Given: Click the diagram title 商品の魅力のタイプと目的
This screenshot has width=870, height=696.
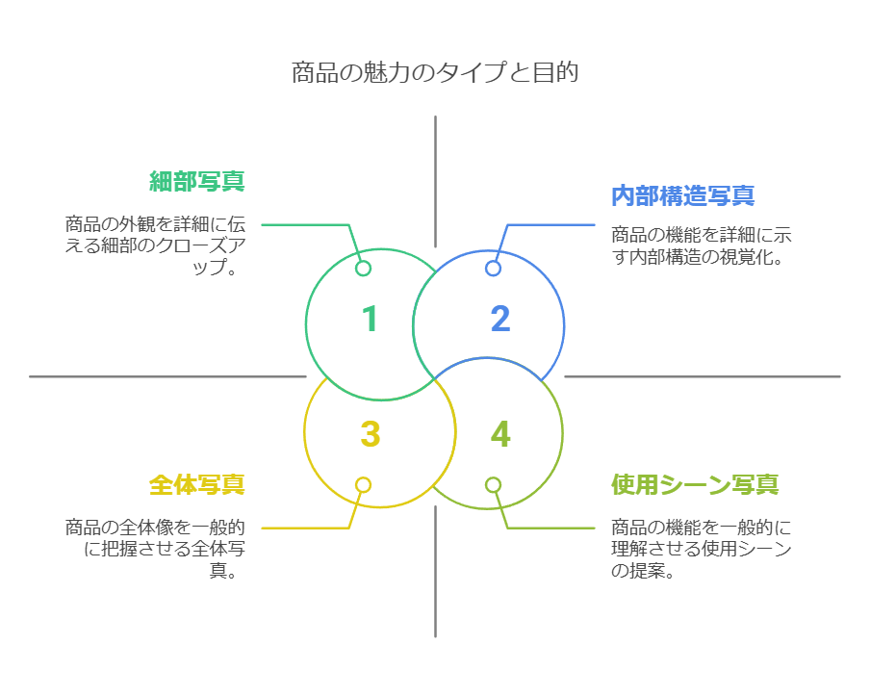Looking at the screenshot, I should [435, 73].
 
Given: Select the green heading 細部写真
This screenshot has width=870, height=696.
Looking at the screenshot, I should [196, 181].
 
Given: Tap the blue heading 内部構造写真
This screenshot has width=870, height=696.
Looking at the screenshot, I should [682, 195].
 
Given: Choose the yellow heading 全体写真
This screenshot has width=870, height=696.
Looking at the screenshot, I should [196, 484].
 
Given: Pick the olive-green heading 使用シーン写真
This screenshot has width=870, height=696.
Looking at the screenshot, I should [695, 484].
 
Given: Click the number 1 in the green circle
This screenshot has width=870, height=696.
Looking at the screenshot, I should [370, 320].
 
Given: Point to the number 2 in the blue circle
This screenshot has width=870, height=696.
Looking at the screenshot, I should [499, 320].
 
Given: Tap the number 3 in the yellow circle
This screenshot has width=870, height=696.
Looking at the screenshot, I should [370, 434].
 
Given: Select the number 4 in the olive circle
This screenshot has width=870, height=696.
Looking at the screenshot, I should [499, 434].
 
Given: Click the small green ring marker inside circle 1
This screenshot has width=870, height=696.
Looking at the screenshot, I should [363, 269].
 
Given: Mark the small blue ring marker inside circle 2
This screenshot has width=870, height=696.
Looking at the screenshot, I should [493, 269].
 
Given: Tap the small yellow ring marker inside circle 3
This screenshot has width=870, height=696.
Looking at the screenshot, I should [363, 485].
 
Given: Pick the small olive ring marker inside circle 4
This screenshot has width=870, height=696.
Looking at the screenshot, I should [493, 485].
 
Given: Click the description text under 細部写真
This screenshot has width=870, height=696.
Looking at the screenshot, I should [154, 245].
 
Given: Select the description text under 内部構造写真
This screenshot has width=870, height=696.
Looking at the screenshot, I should [701, 245].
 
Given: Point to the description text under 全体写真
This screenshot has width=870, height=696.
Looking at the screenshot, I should [154, 549].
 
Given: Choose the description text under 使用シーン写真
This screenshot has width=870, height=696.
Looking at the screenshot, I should [701, 549].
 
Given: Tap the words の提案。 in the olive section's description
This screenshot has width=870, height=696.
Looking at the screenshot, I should [641, 571].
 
